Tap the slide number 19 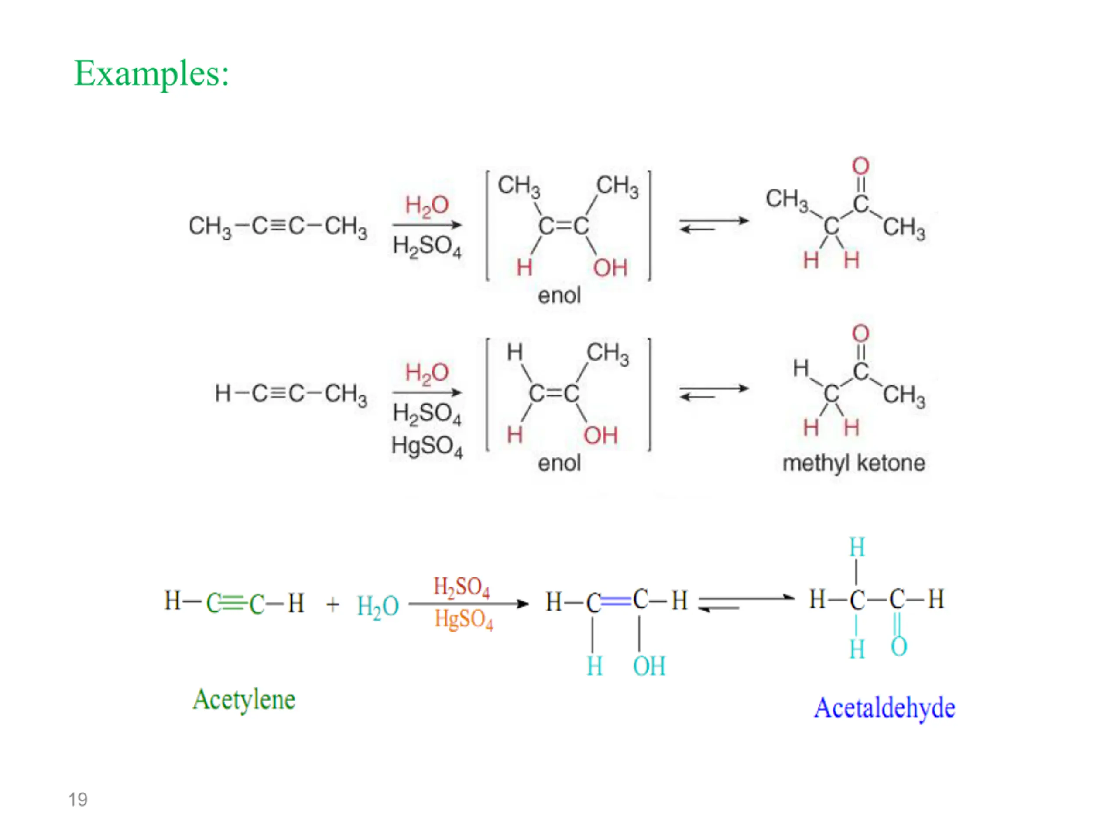click(78, 800)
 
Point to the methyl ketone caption click(853, 463)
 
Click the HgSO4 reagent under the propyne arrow click(427, 446)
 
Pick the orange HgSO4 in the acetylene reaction click(463, 619)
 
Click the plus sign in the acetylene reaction click(332, 604)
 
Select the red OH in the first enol click(610, 268)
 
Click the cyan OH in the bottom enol click(649, 666)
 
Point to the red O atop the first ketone click(860, 166)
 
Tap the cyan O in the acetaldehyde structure click(899, 646)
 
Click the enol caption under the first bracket click(559, 295)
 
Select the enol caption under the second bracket click(559, 463)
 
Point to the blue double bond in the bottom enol click(616, 601)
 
